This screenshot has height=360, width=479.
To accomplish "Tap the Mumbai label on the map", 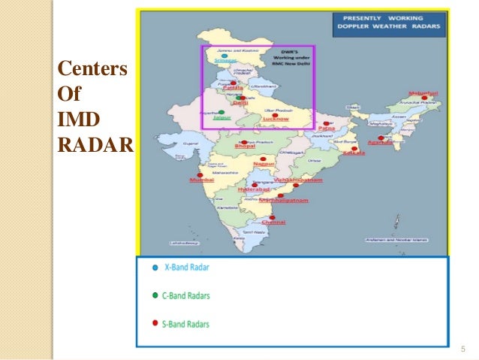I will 199,181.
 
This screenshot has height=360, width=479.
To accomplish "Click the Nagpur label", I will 264,163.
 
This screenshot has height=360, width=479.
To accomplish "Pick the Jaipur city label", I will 221,118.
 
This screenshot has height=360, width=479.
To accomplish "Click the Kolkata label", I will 354,153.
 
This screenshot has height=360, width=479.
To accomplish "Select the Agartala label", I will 382,142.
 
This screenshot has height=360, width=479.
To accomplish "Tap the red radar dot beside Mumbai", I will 200,175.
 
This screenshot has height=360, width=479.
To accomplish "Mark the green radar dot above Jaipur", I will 221,112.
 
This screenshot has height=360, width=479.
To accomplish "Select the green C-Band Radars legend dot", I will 155,295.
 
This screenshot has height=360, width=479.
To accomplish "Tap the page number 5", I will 462,348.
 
